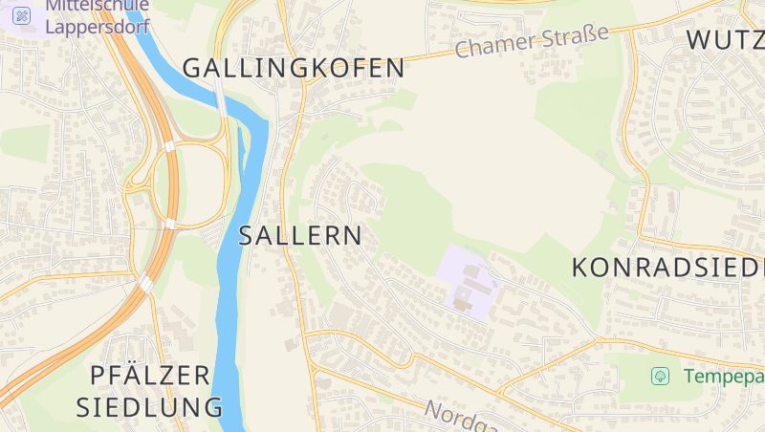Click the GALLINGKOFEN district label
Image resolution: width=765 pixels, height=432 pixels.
(294, 68)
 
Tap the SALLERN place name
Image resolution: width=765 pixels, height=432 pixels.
(300, 236)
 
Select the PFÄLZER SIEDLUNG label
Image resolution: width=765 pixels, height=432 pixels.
(150, 390)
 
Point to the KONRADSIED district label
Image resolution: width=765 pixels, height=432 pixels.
(667, 268)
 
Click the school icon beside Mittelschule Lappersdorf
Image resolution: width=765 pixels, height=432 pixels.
(21, 14)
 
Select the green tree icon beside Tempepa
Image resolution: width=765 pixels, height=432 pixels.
(660, 376)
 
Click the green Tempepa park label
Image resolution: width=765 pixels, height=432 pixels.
(723, 376)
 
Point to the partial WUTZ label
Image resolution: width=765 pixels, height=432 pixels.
(725, 40)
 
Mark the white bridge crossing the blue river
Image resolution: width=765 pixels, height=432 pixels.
(221, 96)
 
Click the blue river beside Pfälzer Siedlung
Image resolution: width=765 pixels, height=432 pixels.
(228, 363)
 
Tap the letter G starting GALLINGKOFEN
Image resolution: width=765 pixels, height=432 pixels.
(192, 68)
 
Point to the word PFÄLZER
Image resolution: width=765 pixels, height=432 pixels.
(150, 374)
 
